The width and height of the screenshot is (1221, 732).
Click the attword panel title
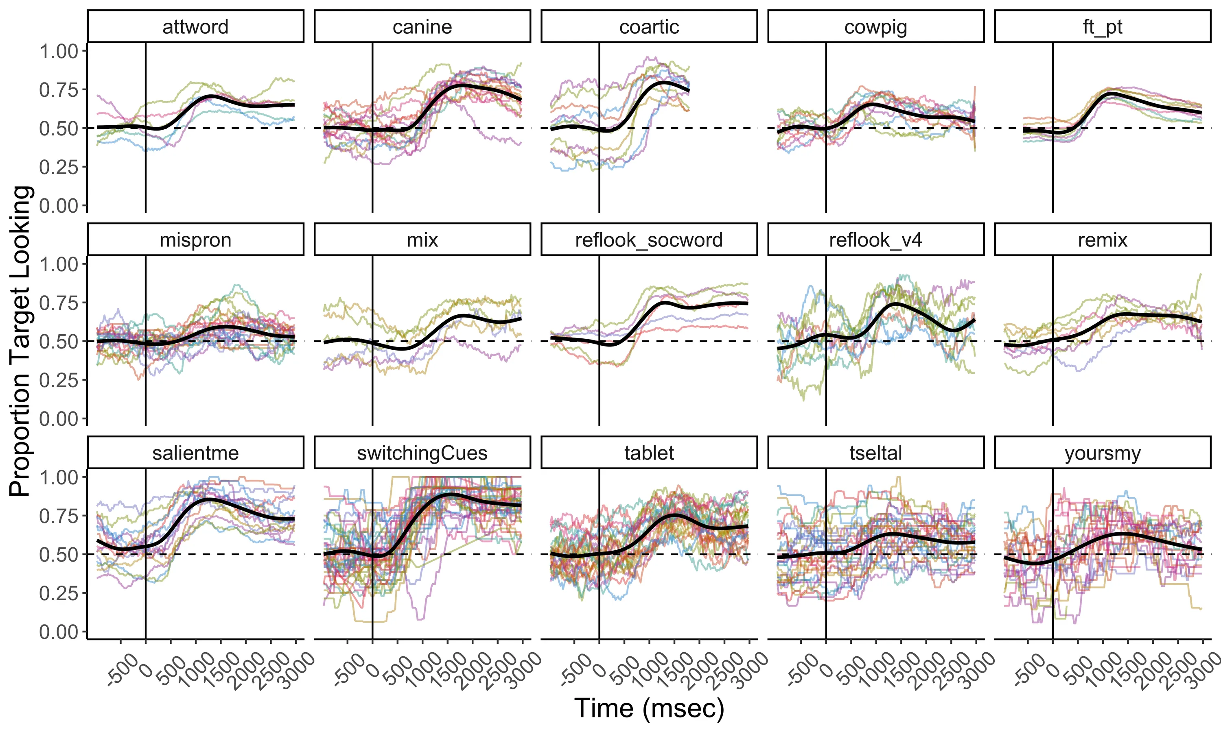[195, 26]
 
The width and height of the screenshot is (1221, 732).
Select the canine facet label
[422, 26]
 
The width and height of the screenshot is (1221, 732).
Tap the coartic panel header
[649, 26]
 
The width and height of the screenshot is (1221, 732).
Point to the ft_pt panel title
[1103, 26]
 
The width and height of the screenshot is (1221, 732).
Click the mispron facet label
[195, 240]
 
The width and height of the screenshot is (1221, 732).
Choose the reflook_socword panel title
[649, 240]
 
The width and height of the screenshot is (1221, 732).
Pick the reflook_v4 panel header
[875, 240]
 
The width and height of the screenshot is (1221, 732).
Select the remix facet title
[1103, 240]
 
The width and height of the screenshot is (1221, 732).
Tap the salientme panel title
[195, 453]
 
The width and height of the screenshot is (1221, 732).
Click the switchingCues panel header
[422, 453]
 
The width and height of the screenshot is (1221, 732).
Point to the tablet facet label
[649, 453]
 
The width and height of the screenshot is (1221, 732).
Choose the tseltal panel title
[875, 453]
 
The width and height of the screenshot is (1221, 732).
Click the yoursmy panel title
[1103, 453]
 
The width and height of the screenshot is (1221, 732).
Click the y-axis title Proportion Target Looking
[21, 340]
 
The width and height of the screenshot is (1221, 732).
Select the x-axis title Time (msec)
[649, 708]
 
